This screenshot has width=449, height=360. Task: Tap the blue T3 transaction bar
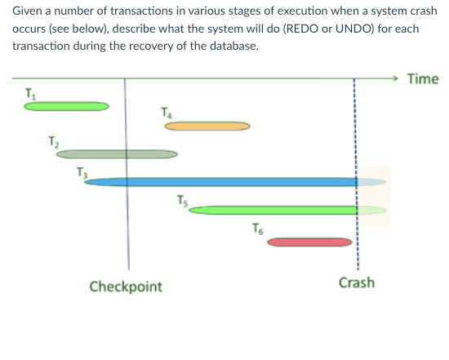(x=220, y=181)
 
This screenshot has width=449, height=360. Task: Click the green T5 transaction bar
(x=273, y=210)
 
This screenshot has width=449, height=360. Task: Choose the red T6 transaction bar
(x=310, y=242)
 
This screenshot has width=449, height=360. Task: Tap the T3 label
(x=79, y=171)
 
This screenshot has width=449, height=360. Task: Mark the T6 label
(x=258, y=229)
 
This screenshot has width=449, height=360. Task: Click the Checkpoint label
(x=126, y=287)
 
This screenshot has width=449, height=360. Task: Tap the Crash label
(x=357, y=282)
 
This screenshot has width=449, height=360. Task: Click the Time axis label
(x=422, y=79)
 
